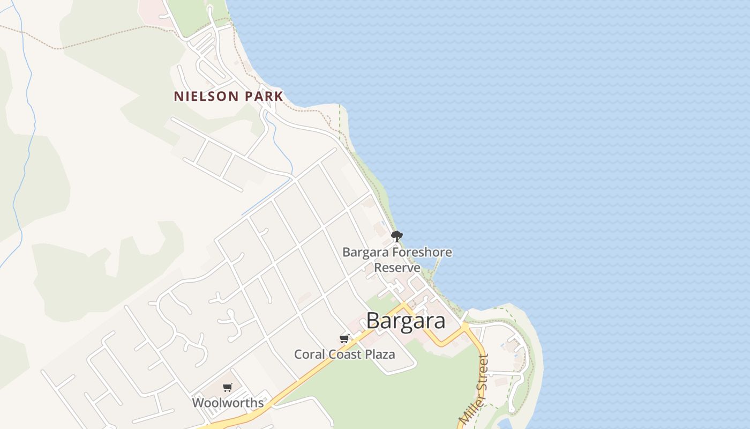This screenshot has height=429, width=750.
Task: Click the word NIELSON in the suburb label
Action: [206, 97]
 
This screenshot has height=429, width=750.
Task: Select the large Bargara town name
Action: [406, 321]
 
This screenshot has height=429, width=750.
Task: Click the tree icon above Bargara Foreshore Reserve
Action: [396, 236]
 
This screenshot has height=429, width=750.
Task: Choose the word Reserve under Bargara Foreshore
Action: [397, 267]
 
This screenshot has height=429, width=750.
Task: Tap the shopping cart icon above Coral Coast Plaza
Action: [344, 338]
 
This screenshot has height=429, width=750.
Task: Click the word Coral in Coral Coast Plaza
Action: [307, 354]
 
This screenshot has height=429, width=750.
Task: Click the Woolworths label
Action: [228, 403]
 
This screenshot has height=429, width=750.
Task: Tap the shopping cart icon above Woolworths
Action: [228, 387]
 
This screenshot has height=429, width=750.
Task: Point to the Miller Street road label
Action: [475, 389]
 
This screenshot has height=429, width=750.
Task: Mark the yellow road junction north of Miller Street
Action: [464, 326]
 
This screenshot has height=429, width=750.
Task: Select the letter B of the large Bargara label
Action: [373, 321]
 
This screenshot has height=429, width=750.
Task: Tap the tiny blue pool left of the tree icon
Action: [382, 224]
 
